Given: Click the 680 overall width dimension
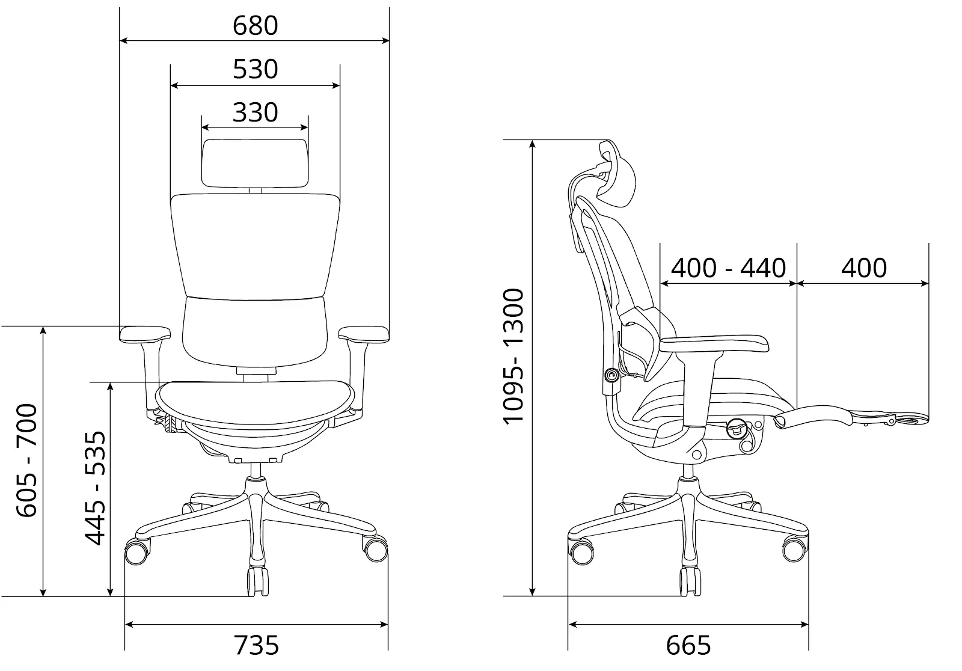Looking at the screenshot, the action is click(255, 26).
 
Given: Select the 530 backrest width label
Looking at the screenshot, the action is click(255, 69).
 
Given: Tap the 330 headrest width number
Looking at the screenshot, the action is click(255, 112).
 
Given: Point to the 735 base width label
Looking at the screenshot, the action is click(256, 645).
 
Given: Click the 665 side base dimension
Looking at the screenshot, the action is click(688, 645).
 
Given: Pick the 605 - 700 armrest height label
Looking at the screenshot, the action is click(26, 460).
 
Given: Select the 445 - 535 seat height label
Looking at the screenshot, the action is click(94, 488).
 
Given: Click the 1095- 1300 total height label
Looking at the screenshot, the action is click(513, 357).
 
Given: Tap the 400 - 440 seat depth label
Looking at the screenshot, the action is click(728, 268).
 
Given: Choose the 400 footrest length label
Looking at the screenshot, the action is click(863, 268).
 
